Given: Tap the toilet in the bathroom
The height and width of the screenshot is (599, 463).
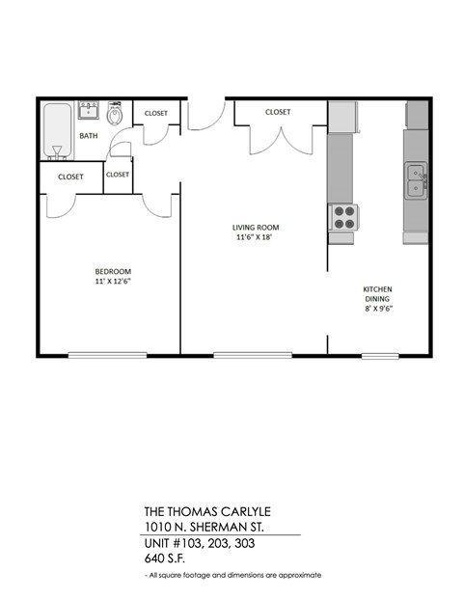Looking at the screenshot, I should pyautogui.click(x=116, y=116).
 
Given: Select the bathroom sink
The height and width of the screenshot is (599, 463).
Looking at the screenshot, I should pyautogui.click(x=89, y=109).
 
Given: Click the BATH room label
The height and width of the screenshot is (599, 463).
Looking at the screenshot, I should pyautogui.click(x=89, y=136).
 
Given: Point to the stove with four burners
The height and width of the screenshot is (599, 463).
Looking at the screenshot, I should pyautogui.click(x=343, y=218).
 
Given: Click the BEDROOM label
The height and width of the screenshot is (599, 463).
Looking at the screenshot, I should pyautogui.click(x=112, y=271).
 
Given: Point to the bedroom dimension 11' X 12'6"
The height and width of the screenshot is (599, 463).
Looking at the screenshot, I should pyautogui.click(x=112, y=283).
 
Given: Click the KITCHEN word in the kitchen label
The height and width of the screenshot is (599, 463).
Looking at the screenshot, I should pyautogui.click(x=377, y=288).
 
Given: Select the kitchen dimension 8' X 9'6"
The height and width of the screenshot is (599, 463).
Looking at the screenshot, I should pyautogui.click(x=377, y=309).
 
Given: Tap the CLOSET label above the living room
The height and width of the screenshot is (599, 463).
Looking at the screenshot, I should pyautogui.click(x=278, y=112).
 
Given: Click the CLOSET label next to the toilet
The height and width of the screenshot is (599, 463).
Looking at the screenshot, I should pyautogui.click(x=155, y=113).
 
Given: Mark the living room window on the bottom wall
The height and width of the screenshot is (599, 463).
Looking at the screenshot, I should pyautogui.click(x=239, y=354).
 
